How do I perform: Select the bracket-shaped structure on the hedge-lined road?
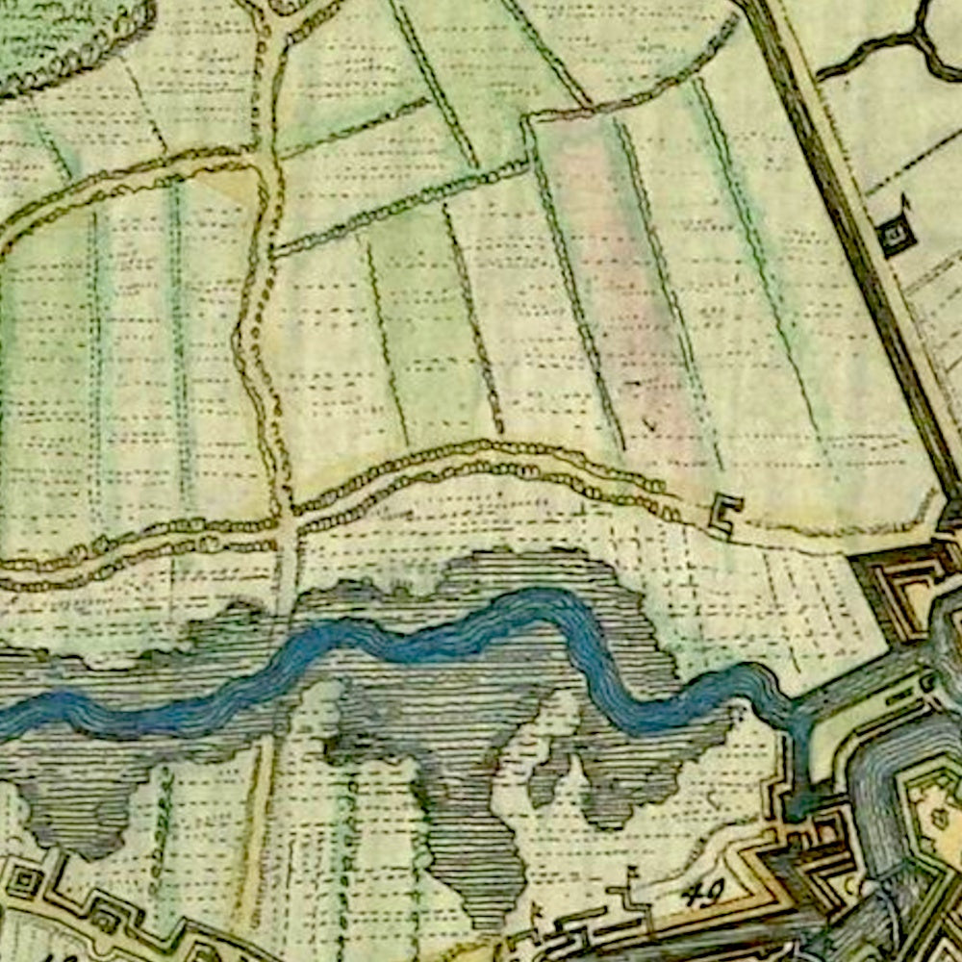pyautogui.click(x=725, y=515)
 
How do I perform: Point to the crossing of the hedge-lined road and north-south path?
pyautogui.click(x=287, y=527)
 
